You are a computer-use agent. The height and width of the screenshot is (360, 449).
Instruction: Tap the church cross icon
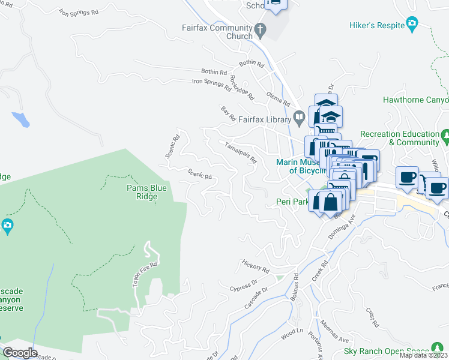[x=260, y=28]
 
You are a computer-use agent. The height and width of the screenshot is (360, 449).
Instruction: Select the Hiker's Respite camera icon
[x=412, y=23]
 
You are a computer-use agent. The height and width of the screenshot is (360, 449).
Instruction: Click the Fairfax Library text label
[x=264, y=120]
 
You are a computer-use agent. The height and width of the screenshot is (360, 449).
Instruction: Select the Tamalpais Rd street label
[x=240, y=152]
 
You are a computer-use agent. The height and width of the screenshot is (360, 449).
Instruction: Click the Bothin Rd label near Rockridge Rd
[x=215, y=73]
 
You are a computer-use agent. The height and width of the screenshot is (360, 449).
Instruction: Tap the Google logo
[x=20, y=353]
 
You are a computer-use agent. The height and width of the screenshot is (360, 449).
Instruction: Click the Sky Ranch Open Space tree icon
[x=439, y=351]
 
